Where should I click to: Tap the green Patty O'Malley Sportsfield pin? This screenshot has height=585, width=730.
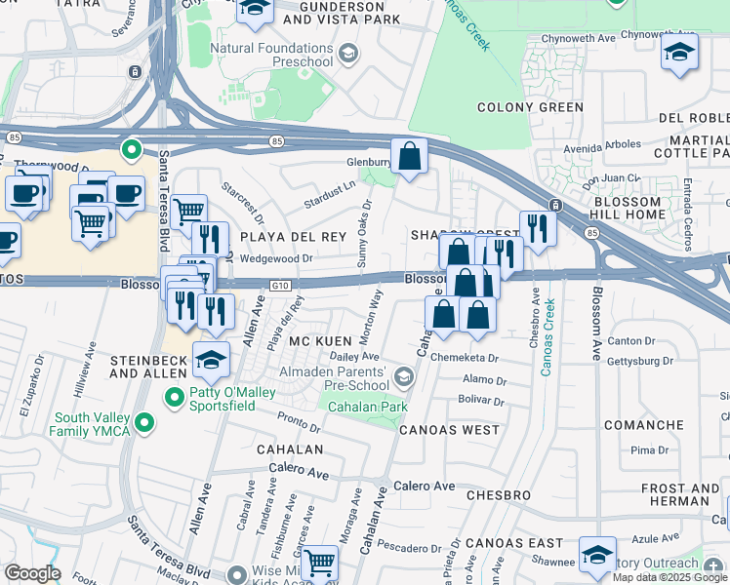[x=175, y=397]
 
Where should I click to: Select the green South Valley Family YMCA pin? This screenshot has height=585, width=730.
[x=144, y=422]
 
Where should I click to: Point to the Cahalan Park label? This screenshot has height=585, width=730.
[x=360, y=407]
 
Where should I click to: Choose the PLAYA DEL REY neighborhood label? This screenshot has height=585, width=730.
[x=280, y=236]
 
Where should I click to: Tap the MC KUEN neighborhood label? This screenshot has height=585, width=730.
[x=313, y=340]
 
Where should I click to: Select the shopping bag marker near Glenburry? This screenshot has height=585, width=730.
[x=410, y=156]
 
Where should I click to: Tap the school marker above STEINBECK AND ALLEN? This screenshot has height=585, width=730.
[x=212, y=360]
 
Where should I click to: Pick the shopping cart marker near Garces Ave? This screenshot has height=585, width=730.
[x=318, y=562]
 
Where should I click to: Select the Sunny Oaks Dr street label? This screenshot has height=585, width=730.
[x=364, y=235]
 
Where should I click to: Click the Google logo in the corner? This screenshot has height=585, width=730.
[x=32, y=572]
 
